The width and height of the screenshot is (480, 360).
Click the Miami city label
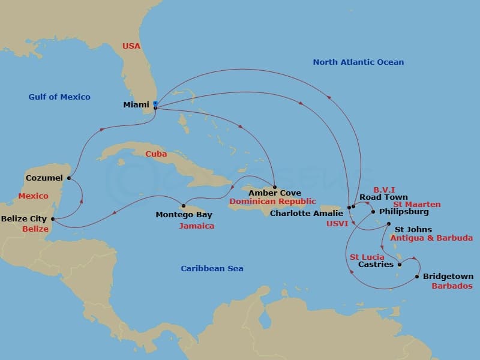(x=136, y=105)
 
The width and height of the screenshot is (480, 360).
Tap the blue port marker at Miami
(x=155, y=103)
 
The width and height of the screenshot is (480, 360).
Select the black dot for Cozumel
(x=70, y=178)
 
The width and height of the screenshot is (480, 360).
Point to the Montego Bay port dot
(x=184, y=206)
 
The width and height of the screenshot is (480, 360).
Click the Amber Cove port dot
(x=275, y=187)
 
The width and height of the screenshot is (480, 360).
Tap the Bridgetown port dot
(x=417, y=277)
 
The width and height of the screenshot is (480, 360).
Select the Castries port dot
(x=400, y=264)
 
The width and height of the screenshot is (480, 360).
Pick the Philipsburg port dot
(x=373, y=212)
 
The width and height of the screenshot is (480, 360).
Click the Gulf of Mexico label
(x=59, y=97)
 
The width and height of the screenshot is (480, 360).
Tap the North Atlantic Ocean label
(x=358, y=62)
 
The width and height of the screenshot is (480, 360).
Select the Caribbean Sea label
(x=212, y=268)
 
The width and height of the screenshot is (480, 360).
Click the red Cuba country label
(x=156, y=154)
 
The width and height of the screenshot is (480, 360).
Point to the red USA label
(x=131, y=46)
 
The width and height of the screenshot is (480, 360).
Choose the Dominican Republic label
(x=272, y=202)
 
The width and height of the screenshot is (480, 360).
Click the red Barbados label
(x=452, y=286)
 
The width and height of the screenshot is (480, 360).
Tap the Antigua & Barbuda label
(x=431, y=238)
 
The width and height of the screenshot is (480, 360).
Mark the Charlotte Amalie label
(x=307, y=213)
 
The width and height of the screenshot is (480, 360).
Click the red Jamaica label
(x=196, y=226)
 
